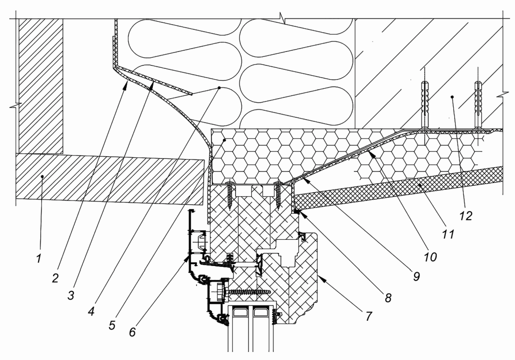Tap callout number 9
pos(415,277)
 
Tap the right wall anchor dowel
pos(478,104)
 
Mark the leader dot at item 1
pos(42,177)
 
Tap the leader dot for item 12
pos(452,97)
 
